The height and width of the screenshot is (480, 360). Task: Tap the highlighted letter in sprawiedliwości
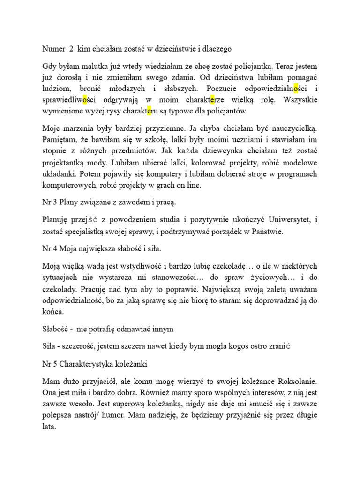[84, 100]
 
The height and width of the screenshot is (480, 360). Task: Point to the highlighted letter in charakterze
[213, 100]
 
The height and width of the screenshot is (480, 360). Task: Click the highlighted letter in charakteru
[150, 112]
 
